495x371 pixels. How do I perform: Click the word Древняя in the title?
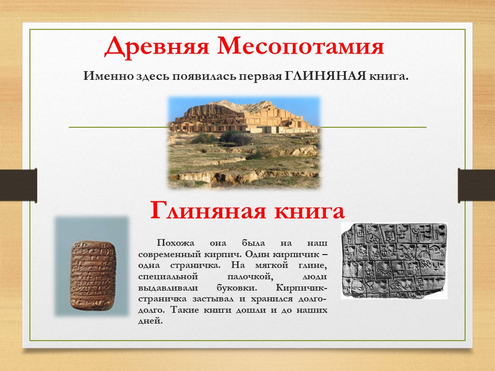tap(157, 47)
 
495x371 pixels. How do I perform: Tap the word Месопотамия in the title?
tap(301, 46)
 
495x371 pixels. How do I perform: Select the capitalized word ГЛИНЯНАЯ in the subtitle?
tap(325, 76)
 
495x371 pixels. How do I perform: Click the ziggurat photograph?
tap(244, 143)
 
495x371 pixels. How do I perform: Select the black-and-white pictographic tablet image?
tap(394, 261)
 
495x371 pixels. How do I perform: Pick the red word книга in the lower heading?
tap(309, 211)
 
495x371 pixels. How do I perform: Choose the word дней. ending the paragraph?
tap(150, 321)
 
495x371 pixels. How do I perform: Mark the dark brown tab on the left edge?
tap(19, 185)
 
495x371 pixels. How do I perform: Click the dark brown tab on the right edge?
tap(476, 186)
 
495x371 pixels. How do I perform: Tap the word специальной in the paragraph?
tap(168, 277)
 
